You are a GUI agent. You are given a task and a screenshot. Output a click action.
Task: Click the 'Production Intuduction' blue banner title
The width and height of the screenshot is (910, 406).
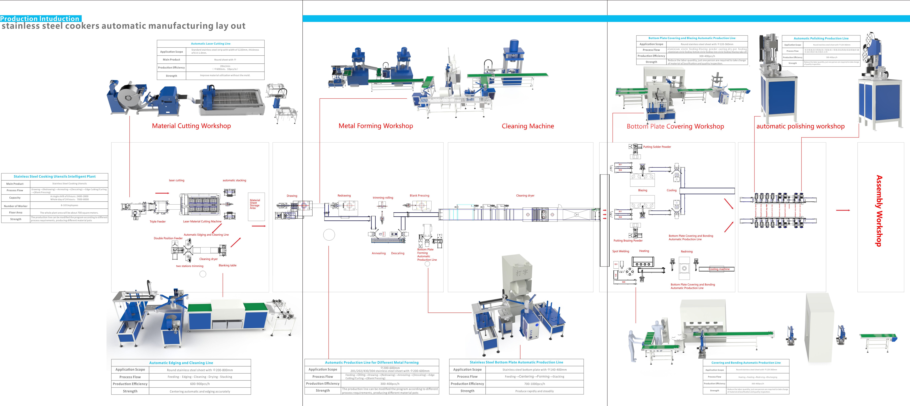pos(40,19)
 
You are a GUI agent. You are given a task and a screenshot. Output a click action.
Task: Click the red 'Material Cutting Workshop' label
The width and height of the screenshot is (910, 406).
pos(191,126)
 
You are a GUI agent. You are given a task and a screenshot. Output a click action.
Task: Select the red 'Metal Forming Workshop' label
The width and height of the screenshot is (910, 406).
pos(376,126)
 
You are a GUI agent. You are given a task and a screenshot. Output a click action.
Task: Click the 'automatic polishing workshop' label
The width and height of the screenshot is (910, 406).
pos(800,126)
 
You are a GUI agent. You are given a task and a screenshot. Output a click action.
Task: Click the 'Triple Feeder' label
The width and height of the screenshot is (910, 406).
pos(158,222)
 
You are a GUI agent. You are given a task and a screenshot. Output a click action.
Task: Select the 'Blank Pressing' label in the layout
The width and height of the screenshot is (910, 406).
pos(419,196)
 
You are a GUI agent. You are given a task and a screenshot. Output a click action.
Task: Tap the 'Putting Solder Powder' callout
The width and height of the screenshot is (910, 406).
pos(657,147)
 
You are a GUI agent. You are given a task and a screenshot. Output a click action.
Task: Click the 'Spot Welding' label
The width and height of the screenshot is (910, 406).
pos(621,251)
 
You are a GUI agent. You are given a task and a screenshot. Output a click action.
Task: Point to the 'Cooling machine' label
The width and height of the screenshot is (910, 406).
pos(719,269)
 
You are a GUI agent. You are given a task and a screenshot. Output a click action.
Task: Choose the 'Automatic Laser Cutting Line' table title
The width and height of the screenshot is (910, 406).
pos(211,44)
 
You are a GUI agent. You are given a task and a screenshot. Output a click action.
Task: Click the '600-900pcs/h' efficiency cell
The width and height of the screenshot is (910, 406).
pos(200,384)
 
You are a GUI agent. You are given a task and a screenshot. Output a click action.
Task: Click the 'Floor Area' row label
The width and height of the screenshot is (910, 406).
pos(16,213)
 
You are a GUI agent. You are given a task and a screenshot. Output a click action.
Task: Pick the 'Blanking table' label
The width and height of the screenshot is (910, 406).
pos(227,265)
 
